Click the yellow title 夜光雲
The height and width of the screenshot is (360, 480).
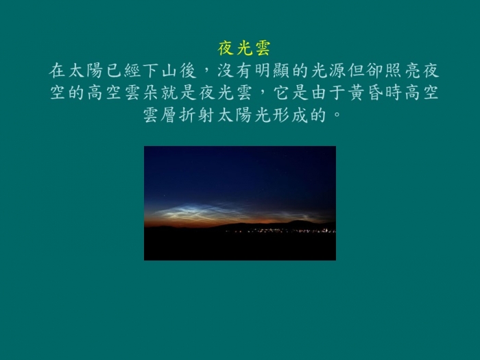coord(244,49)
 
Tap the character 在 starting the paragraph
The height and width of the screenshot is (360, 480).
coord(57,71)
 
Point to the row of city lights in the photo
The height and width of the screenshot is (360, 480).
coord(280,231)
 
